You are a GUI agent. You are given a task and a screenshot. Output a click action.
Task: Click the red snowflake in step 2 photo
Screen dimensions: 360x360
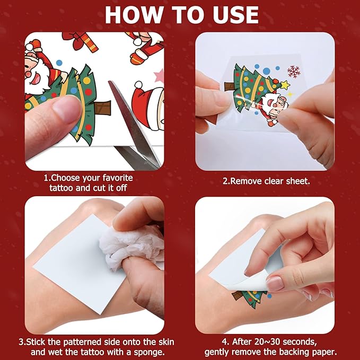point(293,71)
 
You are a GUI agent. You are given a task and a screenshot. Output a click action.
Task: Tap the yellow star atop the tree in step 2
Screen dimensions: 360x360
point(285,85)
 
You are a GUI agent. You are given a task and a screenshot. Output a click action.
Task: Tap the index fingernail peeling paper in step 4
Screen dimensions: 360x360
point(275,283)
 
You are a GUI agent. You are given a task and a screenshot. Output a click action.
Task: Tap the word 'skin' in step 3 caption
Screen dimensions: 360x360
point(165,342)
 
